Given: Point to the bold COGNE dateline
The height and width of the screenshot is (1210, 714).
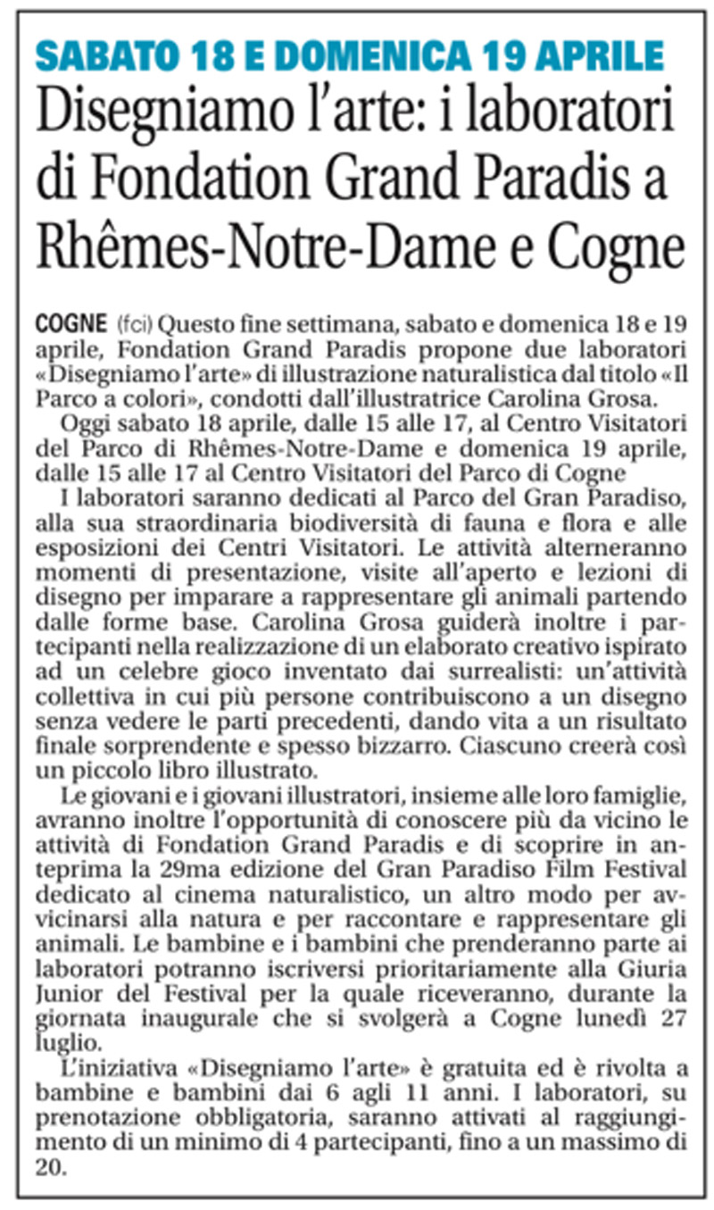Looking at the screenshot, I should [74, 322].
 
